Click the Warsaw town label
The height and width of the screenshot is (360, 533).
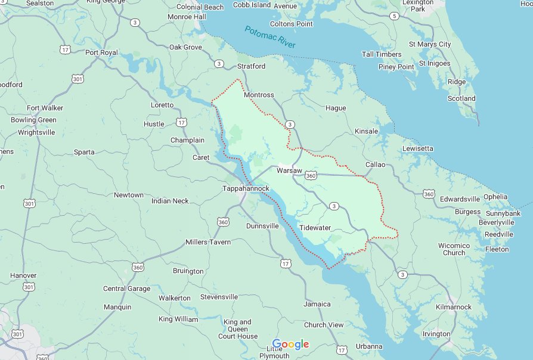[x=290, y=170]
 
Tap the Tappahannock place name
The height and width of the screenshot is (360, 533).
[x=246, y=188]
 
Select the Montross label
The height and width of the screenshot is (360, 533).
[x=259, y=95]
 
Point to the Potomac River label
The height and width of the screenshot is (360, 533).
[x=270, y=38]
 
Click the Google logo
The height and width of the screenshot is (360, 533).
[x=290, y=344]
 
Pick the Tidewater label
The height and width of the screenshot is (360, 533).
[x=315, y=228]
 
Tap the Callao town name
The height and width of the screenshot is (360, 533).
[x=376, y=165]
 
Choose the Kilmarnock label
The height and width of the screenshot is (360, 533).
[x=454, y=307]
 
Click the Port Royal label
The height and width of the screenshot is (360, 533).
[x=101, y=52]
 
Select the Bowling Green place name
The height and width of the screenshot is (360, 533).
[x=33, y=120]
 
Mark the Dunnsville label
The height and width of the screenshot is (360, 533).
[x=262, y=226]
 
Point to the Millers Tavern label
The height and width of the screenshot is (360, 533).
[x=208, y=242]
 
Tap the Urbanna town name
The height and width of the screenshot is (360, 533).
[x=369, y=346]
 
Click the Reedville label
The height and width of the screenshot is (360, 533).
[x=499, y=234]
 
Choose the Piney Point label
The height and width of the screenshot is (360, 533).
[x=396, y=67]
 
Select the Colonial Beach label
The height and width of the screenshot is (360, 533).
[x=200, y=7]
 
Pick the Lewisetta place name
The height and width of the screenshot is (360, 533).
[x=418, y=148]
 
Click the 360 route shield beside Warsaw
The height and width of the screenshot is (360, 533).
[x=310, y=175]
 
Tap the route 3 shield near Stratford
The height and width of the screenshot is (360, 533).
[x=219, y=63]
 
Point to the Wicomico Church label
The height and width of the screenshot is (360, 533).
[x=454, y=249]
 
